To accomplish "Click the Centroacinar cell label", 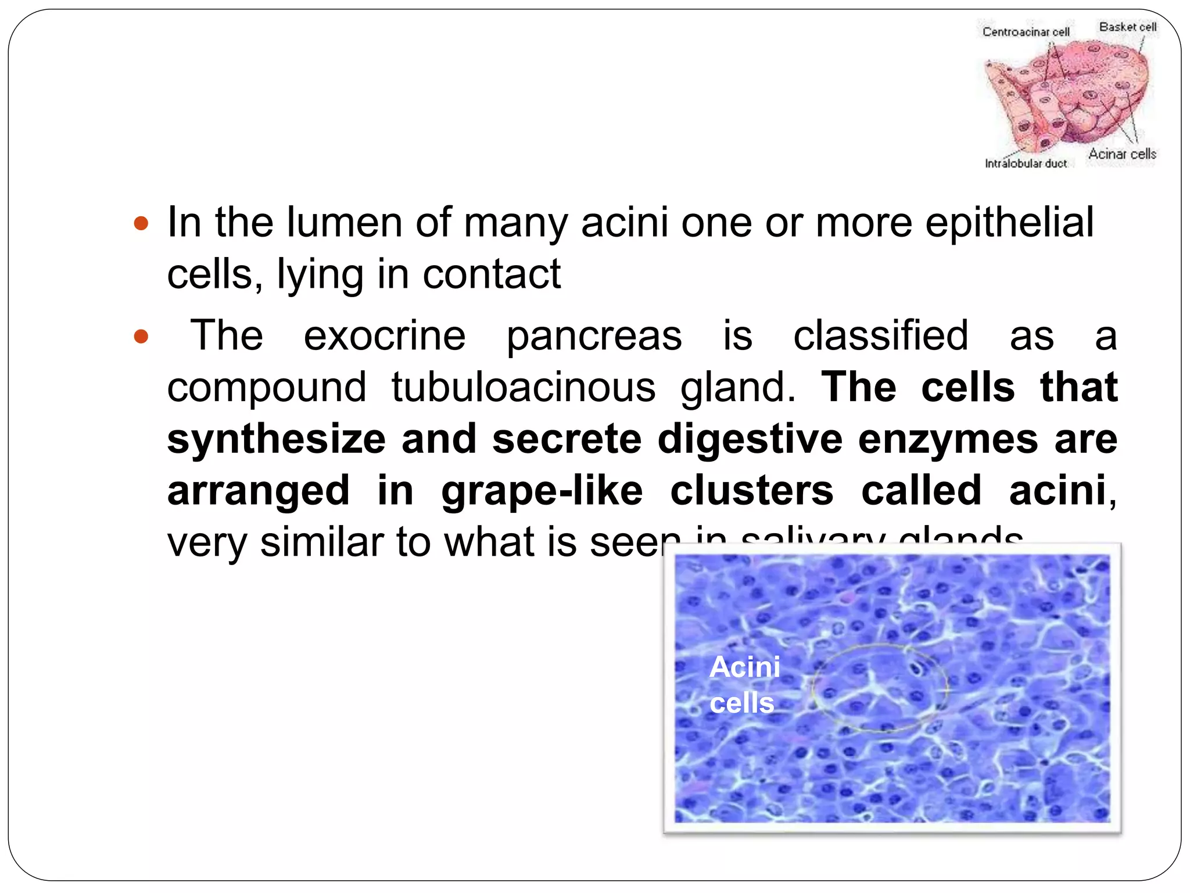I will (x=1026, y=32).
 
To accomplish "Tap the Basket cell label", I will (x=1127, y=27).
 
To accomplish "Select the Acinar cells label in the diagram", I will (x=1122, y=154).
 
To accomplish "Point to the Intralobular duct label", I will (x=1026, y=164).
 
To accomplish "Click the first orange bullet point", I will (x=141, y=223).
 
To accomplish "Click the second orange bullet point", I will (x=141, y=337).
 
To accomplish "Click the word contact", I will (x=491, y=274).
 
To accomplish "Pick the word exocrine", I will (x=385, y=335).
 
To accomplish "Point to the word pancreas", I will (x=594, y=335).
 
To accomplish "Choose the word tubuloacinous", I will (x=523, y=387).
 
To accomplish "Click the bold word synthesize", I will (x=276, y=439).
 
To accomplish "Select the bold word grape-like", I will (x=542, y=490).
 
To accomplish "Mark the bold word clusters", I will (x=752, y=490).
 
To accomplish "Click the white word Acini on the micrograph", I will (x=745, y=667).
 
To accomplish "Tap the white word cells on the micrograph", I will (x=742, y=703).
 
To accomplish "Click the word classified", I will (x=881, y=335).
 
